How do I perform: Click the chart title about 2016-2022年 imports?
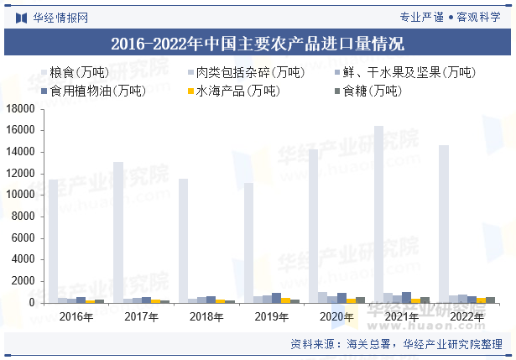[x=258, y=43]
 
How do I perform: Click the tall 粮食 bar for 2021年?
[x=379, y=214]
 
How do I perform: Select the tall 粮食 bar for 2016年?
[x=53, y=241]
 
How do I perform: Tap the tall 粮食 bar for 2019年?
[x=248, y=243]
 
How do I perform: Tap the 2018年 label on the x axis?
[x=206, y=317]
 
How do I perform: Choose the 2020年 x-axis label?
[x=337, y=317]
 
